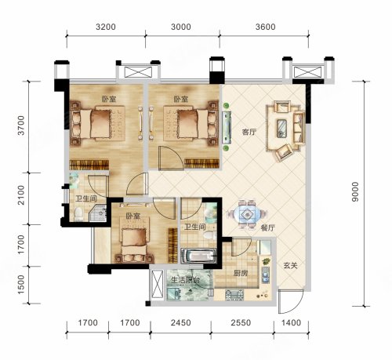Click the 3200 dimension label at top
[106, 27]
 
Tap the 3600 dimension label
[266, 27]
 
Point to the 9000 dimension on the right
[355, 192]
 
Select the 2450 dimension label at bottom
[181, 323]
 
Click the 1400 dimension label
[292, 323]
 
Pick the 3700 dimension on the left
[20, 125]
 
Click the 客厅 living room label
[249, 133]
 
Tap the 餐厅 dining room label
[268, 228]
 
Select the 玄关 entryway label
[291, 266]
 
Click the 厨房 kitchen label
[241, 274]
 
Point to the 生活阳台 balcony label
[185, 280]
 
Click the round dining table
[247, 215]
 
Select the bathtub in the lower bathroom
[198, 256]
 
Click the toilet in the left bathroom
[78, 214]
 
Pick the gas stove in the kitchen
[234, 295]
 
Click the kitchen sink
[266, 275]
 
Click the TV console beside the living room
[227, 127]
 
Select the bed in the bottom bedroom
[134, 245]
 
